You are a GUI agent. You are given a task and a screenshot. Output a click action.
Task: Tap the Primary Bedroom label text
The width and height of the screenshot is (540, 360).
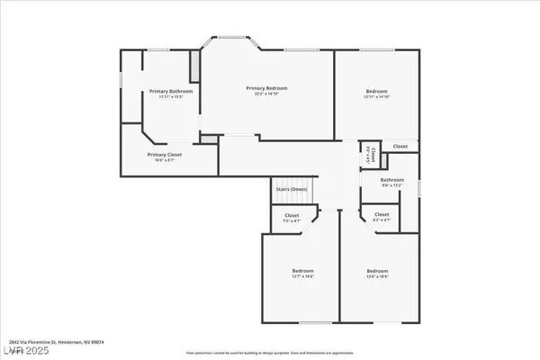click(268, 87)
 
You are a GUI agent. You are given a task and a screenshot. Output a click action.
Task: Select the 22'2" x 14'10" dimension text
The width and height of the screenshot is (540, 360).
click(268, 94)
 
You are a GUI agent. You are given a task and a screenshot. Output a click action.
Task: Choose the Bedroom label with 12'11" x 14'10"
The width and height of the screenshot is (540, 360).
click(376, 92)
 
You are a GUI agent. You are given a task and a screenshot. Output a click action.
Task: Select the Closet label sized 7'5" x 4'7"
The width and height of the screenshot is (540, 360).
click(292, 215)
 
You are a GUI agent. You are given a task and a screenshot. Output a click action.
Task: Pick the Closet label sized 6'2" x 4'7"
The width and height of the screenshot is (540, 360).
click(381, 214)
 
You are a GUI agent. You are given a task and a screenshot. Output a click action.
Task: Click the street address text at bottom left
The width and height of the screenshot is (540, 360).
click(44, 343)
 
